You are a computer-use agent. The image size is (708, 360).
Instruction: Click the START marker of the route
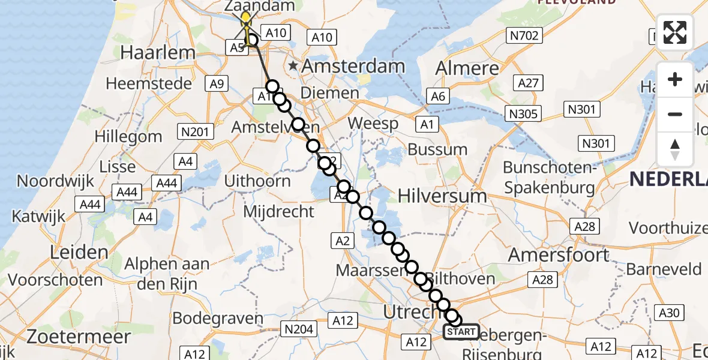tap(461, 332)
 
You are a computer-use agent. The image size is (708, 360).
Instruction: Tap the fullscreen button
tap(675, 32)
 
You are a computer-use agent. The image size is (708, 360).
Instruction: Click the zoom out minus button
tap(675, 114)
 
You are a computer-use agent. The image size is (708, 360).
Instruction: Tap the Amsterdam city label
tap(353, 66)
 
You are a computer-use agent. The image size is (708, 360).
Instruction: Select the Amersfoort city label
tap(559, 255)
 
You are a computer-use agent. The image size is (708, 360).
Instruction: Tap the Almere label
tap(468, 67)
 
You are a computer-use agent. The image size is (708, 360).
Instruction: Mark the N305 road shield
tap(524, 113)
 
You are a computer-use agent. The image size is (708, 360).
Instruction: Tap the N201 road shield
tap(196, 131)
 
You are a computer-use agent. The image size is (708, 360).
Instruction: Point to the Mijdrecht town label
tap(278, 211)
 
